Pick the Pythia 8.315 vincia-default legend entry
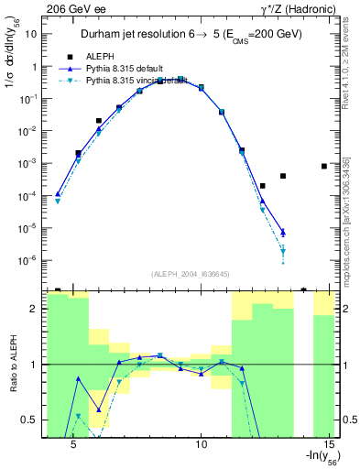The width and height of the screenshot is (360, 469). [138, 81]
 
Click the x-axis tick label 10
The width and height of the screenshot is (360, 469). [202, 443]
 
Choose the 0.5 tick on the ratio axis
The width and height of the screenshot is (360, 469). [31, 420]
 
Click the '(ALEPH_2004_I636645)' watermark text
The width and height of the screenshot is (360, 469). [191, 273]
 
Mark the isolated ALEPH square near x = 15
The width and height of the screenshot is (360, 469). [324, 166]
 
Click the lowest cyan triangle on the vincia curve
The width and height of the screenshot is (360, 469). [283, 251]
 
